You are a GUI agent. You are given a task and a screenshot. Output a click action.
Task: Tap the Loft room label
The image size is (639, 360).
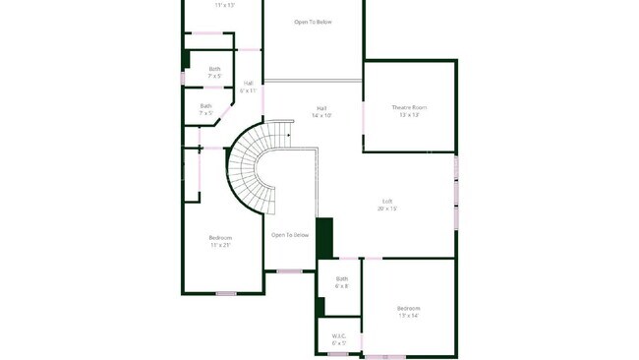click(x=388, y=203)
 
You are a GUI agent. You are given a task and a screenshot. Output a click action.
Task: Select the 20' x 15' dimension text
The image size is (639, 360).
click(x=388, y=210)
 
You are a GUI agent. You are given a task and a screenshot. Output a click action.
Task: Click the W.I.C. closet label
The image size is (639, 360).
click(x=339, y=335)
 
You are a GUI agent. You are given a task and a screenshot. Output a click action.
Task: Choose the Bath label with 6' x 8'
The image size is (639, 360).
click(x=341, y=278)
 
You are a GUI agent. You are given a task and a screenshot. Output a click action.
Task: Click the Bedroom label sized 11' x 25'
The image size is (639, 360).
click(x=220, y=238)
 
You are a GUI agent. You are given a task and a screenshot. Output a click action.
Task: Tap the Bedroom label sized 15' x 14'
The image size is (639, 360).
click(x=408, y=308)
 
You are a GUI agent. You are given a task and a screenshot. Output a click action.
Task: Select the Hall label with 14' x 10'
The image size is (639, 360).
click(x=321, y=108)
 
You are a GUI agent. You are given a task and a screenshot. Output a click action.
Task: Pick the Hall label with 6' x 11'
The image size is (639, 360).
click(x=248, y=83)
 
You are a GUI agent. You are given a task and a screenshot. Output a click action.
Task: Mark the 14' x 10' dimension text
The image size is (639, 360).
click(x=321, y=115)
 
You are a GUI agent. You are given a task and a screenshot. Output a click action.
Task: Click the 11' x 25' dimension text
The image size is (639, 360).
click(x=220, y=245)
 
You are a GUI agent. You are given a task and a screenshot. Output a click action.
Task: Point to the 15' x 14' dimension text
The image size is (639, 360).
click(x=408, y=315)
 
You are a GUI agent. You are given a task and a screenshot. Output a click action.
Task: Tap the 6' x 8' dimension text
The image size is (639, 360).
click(x=341, y=286)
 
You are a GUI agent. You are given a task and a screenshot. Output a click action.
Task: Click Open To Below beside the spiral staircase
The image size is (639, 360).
click(x=291, y=235)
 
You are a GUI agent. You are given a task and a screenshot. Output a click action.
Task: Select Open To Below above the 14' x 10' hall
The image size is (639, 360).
click(x=314, y=20)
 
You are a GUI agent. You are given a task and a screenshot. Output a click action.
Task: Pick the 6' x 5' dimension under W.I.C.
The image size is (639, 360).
click(x=339, y=342)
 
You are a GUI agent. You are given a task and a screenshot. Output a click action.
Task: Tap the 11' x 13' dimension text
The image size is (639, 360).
click(x=225, y=5)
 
